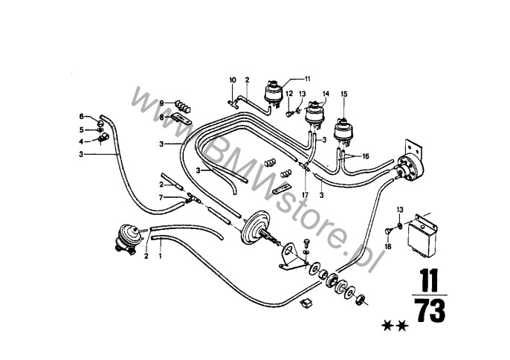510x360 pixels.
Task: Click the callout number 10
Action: (x=233, y=80)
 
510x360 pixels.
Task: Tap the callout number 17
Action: (x=305, y=195)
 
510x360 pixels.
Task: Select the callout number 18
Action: (x=388, y=247)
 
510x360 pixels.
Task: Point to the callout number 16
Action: (x=366, y=156)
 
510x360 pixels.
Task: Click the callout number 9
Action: (x=161, y=103)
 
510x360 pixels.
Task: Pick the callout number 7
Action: (x=161, y=197)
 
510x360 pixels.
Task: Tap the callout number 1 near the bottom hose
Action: (x=160, y=256)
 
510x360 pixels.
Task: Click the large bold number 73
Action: (x=430, y=311)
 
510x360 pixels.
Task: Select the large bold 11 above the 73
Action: (x=429, y=280)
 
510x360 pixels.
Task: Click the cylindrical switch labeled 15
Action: (x=343, y=132)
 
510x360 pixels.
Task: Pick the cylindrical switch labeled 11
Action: (x=273, y=92)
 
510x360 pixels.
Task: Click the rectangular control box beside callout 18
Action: (x=422, y=234)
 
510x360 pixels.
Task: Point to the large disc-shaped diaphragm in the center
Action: (x=256, y=227)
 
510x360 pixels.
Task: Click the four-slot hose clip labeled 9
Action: (x=182, y=106)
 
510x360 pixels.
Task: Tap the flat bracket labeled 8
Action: (x=180, y=119)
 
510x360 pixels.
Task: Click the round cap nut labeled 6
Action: (x=101, y=123)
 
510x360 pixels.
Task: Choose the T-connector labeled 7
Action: (x=193, y=198)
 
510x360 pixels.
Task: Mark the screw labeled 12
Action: (x=289, y=114)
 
